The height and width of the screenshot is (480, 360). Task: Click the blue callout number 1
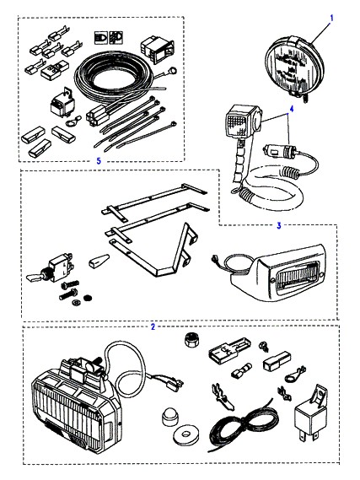click(331, 19)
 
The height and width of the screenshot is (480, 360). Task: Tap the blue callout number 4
click(292, 109)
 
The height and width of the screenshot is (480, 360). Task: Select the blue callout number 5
click(99, 161)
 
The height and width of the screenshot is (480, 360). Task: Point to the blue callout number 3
click(279, 225)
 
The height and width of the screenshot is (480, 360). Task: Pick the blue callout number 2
click(153, 326)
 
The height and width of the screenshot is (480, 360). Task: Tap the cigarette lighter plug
click(280, 151)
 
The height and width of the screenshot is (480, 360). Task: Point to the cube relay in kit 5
click(62, 104)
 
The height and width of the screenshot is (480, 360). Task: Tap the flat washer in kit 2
click(184, 434)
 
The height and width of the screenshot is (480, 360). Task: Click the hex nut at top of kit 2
click(191, 339)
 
